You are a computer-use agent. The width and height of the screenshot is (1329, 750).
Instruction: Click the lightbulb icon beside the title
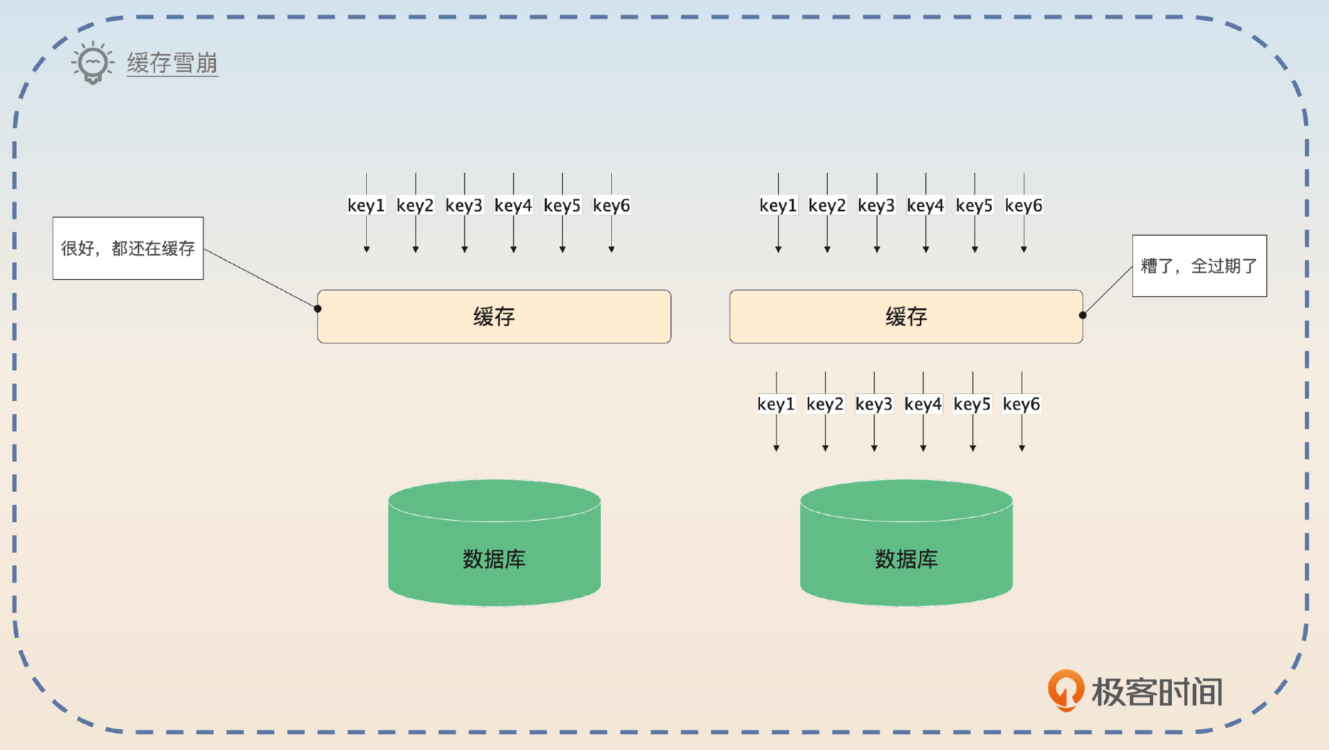tap(92, 63)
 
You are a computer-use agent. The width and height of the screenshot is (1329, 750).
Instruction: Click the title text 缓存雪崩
tap(172, 63)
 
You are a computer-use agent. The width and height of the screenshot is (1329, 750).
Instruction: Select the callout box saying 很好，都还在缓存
tap(128, 248)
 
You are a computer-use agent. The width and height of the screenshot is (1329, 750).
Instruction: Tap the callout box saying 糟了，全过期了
tap(1199, 266)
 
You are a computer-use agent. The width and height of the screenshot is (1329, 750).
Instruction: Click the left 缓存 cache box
tap(494, 316)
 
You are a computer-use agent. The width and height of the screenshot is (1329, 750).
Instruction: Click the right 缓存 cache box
tap(905, 316)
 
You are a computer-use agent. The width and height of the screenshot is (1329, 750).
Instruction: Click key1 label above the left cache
tap(365, 205)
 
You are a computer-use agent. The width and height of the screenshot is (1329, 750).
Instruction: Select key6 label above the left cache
tap(611, 205)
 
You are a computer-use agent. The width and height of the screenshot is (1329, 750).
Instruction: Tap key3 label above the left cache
tap(464, 205)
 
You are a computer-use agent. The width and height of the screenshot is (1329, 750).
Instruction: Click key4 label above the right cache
tap(925, 205)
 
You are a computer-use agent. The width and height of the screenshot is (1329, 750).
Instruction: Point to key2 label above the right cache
tap(826, 205)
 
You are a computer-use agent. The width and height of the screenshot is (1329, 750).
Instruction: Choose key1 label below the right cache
tap(775, 404)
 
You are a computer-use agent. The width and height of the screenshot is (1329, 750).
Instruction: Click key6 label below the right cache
tap(1021, 404)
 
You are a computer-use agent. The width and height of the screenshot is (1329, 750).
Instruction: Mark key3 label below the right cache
tap(874, 404)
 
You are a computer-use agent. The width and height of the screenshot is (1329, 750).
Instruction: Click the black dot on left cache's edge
tap(318, 309)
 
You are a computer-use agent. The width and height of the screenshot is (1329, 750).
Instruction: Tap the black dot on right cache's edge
tap(1083, 315)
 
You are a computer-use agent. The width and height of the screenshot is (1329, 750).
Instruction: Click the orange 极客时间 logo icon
tap(1065, 690)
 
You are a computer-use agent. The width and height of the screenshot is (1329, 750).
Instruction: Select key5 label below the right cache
tap(972, 404)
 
